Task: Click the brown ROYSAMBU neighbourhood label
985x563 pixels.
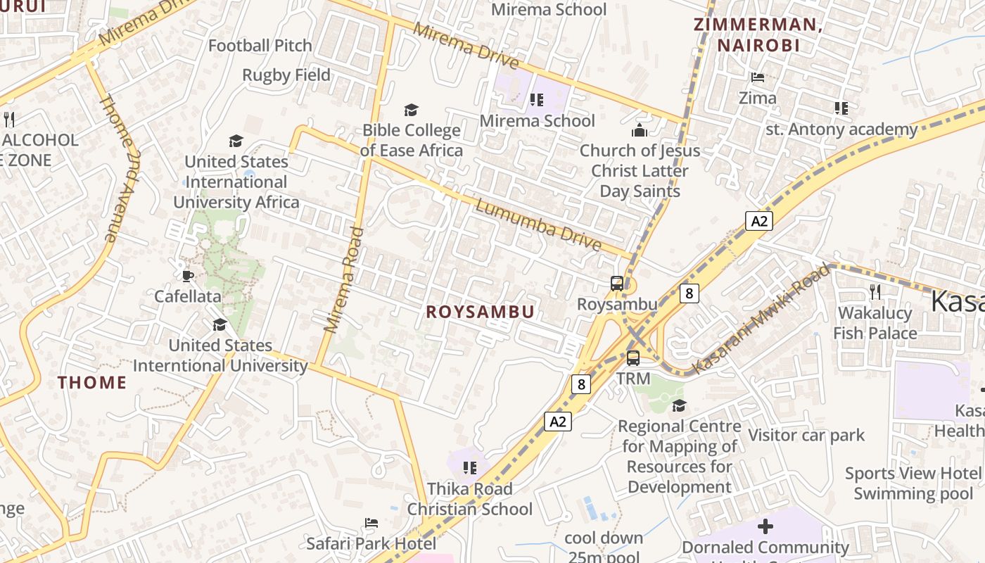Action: (481, 312)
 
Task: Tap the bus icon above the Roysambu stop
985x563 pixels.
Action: (617, 284)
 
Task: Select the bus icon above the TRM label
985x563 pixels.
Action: (633, 358)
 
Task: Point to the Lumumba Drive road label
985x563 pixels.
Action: (538, 224)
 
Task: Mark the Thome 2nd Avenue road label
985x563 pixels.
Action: (118, 169)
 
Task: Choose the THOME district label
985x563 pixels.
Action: (92, 383)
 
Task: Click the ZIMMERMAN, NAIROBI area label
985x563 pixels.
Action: (758, 35)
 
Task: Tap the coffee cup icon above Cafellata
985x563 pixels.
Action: (187, 275)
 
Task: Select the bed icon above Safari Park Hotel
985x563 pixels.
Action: (371, 523)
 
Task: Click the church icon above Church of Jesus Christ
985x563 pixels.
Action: (640, 130)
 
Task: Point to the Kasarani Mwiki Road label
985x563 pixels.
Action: (761, 319)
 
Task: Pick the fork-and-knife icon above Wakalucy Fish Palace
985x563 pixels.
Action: (875, 291)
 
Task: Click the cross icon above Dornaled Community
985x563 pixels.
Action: (765, 526)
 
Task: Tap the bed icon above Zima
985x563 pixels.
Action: (758, 77)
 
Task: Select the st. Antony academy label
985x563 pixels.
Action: (841, 129)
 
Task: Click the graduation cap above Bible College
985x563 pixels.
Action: (411, 110)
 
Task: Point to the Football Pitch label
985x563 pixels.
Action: (260, 46)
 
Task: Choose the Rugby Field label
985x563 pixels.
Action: (286, 75)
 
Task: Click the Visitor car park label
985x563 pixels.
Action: (806, 436)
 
